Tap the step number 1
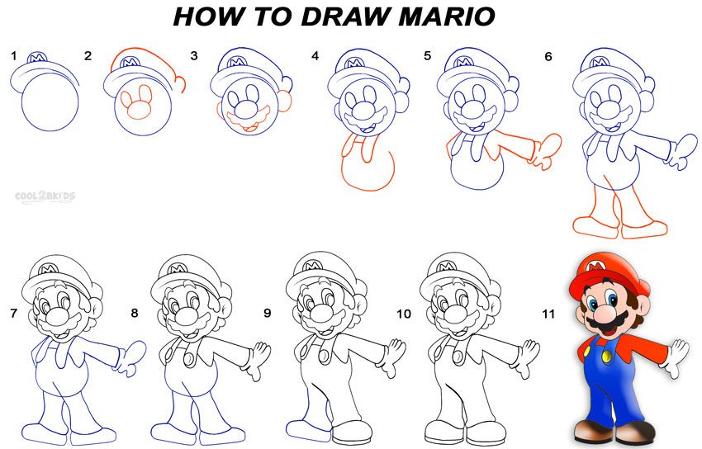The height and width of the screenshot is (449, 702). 13,56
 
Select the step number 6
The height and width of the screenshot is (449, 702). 548,56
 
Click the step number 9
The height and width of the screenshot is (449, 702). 267,314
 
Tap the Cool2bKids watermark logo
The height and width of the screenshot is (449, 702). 45,196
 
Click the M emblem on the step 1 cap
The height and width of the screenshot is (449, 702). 36,58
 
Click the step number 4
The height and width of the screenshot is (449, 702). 315,56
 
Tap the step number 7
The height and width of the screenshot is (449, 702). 13,314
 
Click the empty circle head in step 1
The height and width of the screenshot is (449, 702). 50,105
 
